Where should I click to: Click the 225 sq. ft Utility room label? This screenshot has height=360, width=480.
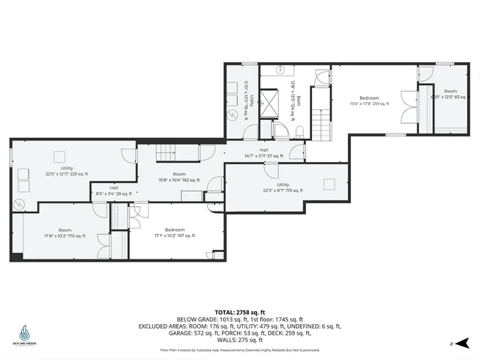67,170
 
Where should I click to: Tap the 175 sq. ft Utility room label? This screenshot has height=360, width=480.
283,187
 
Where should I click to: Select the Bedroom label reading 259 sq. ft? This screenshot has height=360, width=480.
368,101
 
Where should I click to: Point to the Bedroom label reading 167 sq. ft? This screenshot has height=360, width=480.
175,232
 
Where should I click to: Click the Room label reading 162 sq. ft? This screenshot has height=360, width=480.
179,177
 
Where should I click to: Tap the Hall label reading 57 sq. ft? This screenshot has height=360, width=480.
263,153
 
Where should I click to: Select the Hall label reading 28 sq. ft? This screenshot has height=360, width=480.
114,190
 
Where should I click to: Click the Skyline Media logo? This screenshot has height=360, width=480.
24,334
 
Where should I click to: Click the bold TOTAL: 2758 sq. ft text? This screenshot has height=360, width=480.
239,311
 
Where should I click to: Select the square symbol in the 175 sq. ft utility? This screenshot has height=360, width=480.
328,184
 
